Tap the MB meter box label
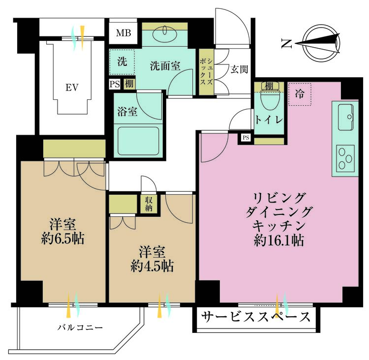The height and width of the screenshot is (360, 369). (123, 33)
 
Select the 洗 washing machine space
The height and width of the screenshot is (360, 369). (122, 62)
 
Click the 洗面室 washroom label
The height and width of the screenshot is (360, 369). (164, 65)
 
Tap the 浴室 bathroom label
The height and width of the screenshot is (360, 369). (126, 112)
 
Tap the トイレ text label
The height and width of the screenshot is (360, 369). (269, 119)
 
